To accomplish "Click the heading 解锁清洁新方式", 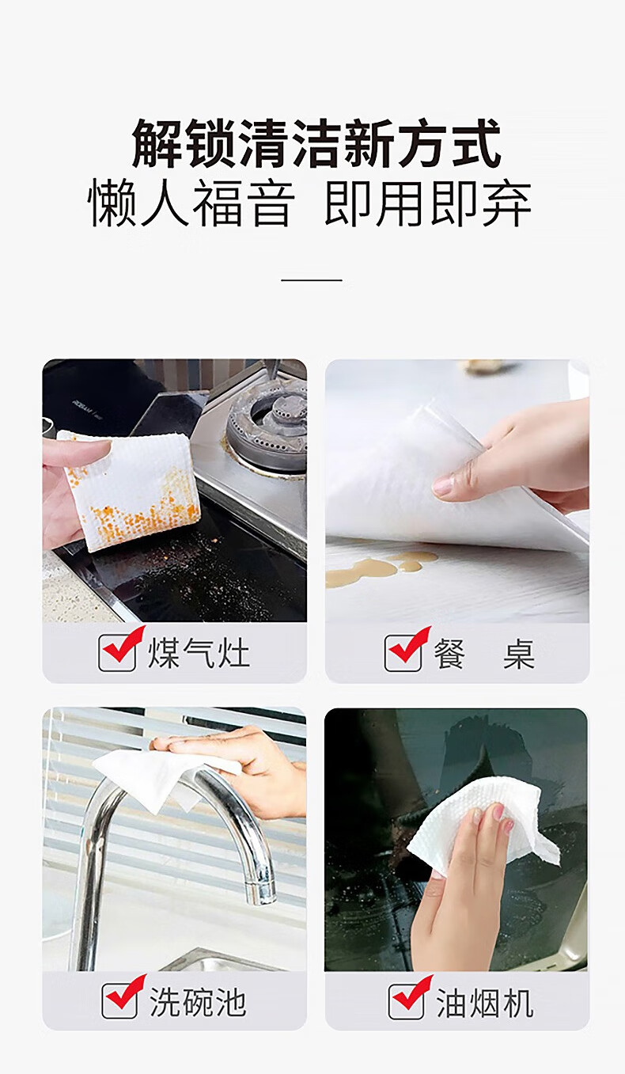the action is pos(316,143).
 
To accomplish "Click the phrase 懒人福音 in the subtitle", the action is pos(191,203).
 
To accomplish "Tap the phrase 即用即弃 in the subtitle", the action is pos(428,203).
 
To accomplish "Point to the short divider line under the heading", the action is pos(312,279).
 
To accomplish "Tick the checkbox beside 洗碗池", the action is pos(122,997).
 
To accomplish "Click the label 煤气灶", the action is pos(199,652).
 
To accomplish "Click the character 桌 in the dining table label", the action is pos(519,654).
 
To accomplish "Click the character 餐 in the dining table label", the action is pos(449,654).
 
